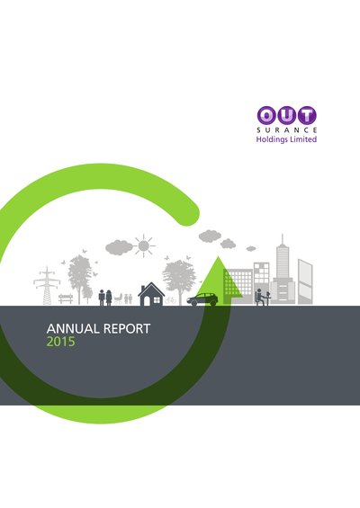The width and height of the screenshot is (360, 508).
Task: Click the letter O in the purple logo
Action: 266,116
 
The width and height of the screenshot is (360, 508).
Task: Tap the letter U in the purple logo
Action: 287,116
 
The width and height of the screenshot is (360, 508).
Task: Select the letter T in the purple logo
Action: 307,116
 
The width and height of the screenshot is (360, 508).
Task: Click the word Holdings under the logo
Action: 272,139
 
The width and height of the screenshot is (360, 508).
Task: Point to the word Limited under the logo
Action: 303,139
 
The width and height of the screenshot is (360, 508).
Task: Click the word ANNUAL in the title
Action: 73,328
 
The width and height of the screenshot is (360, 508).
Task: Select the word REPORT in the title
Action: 127,328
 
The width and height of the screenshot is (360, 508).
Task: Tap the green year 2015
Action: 60,342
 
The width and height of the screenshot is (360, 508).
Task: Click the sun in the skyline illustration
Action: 143,245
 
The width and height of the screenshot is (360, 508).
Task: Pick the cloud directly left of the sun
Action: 119,247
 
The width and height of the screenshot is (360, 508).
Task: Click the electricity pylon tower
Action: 47,286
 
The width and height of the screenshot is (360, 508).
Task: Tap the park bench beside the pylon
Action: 66,299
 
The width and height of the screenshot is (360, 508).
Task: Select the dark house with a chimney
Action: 151,294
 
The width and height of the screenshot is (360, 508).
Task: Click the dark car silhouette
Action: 202,299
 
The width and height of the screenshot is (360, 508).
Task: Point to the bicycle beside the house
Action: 170,300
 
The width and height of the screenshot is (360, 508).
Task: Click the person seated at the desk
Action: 259,297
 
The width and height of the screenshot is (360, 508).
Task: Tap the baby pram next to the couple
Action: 119,299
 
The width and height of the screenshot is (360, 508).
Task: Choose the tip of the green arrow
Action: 219,256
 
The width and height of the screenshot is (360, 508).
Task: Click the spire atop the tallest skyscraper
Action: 283,239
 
